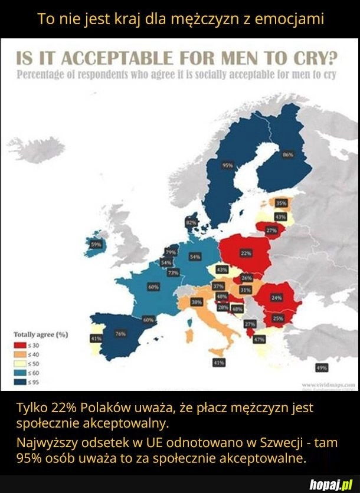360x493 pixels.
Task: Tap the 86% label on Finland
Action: pyautogui.click(x=288, y=155)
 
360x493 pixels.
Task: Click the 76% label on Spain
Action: pyautogui.click(x=120, y=334)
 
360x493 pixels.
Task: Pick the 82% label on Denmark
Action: pyautogui.click(x=191, y=222)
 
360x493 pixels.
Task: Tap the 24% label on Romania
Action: pyautogui.click(x=276, y=298)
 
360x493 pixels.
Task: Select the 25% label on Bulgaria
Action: pyautogui.click(x=277, y=318)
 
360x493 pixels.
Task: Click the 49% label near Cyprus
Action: pyautogui.click(x=322, y=367)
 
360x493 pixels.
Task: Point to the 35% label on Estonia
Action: pyautogui.click(x=282, y=203)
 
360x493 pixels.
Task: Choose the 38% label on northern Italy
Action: pyautogui.click(x=197, y=301)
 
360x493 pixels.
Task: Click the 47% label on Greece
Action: pyautogui.click(x=258, y=340)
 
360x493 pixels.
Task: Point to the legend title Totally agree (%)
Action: pyautogui.click(x=40, y=334)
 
